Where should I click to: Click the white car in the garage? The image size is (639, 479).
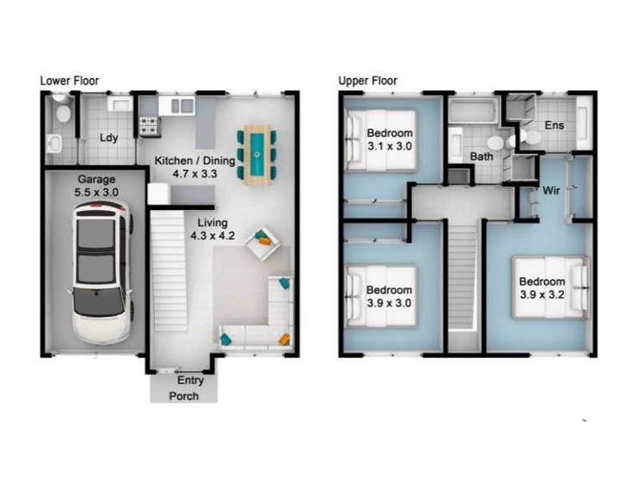[x=101, y=270]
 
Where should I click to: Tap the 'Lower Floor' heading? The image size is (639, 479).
[x=69, y=81]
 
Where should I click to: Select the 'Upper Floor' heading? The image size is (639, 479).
[x=367, y=81]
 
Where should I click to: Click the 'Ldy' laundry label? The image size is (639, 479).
[x=109, y=137]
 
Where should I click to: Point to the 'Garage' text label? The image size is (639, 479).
[x=96, y=180]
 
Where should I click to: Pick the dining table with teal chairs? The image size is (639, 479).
[x=257, y=154]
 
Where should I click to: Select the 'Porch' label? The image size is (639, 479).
[x=183, y=396]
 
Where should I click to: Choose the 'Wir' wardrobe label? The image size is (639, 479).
[x=550, y=192]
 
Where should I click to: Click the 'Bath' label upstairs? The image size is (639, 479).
[x=481, y=157]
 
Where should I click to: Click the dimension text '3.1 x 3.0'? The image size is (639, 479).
[x=389, y=147]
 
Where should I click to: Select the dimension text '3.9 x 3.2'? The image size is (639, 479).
[x=542, y=295]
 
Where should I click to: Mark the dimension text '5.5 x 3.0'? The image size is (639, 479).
[x=97, y=193]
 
